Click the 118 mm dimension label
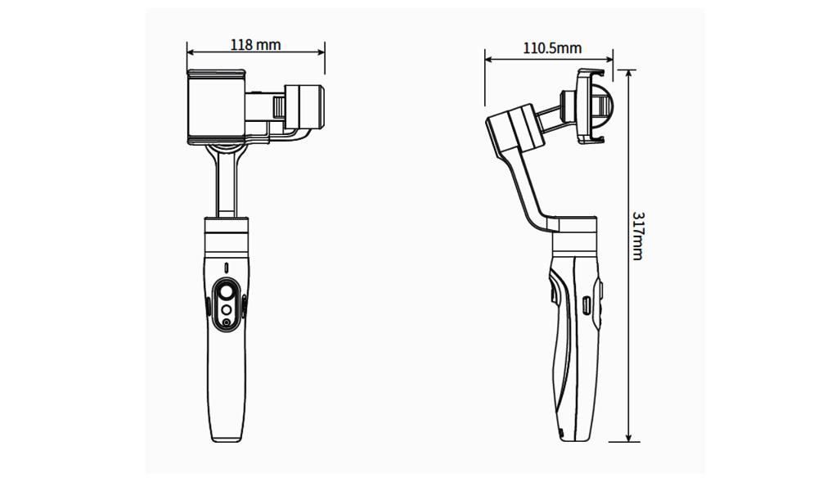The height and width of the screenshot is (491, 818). [x=255, y=44]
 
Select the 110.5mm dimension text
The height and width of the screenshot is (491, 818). [x=552, y=47]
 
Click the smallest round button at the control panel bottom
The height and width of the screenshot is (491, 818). [x=226, y=323]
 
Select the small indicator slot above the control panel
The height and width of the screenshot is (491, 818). [x=226, y=268]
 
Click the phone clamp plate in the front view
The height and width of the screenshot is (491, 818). [x=216, y=106]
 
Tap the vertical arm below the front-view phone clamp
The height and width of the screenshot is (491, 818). [x=226, y=184]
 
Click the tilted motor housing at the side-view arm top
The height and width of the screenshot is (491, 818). [x=515, y=131]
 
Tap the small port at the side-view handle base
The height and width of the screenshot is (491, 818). [x=561, y=433]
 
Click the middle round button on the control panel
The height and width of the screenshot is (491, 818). [x=226, y=310]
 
